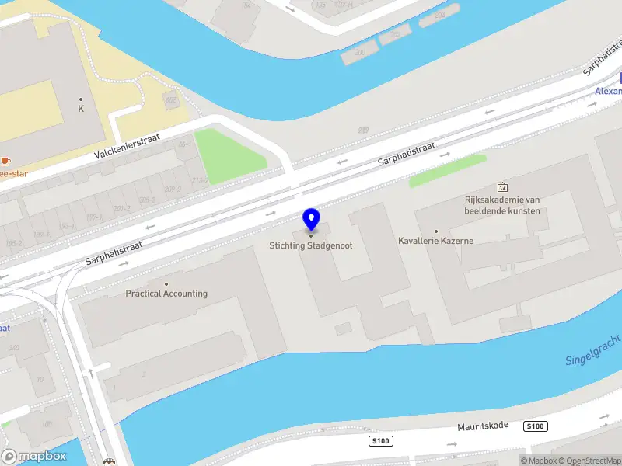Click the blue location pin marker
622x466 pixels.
[312, 220]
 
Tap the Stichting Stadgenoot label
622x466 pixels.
[311, 246]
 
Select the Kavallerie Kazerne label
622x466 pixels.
[435, 241]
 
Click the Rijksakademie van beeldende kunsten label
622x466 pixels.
[502, 205]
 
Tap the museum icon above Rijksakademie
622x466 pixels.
[502, 187]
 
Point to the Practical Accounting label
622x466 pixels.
[166, 294]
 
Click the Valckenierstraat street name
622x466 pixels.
[127, 145]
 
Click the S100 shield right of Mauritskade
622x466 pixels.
[535, 426]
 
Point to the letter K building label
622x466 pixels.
[80, 109]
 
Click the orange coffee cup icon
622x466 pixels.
[5, 161]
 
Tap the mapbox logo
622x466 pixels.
[34, 456]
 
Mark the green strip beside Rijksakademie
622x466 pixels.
[447, 170]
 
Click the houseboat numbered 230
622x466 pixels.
[359, 53]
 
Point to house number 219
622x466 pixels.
[362, 130]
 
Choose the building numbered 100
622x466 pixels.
[47, 424]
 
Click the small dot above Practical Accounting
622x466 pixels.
[166, 283]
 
